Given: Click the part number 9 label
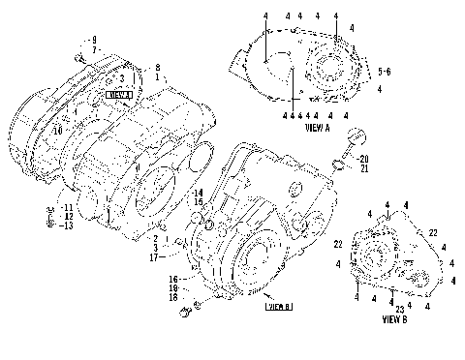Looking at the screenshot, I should pyautogui.click(x=95, y=39).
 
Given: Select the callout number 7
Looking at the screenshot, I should pyautogui.click(x=95, y=48).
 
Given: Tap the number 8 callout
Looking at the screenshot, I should pyautogui.click(x=157, y=66).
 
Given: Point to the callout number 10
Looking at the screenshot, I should pyautogui.click(x=58, y=128).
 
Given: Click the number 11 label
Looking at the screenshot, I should pyautogui.click(x=66, y=207).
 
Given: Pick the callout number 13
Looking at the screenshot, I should pyautogui.click(x=66, y=225).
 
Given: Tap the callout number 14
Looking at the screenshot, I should pyautogui.click(x=198, y=193).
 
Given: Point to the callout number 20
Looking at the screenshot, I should pyautogui.click(x=363, y=158).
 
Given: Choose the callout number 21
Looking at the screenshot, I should pyautogui.click(x=363, y=168).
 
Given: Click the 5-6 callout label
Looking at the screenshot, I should pyautogui.click(x=386, y=72).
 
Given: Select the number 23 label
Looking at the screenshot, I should pyautogui.click(x=399, y=308).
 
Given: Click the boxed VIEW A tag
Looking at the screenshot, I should pyautogui.click(x=118, y=95).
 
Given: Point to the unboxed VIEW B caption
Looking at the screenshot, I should pyautogui.click(x=394, y=317).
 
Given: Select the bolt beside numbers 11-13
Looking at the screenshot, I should pyautogui.click(x=48, y=218).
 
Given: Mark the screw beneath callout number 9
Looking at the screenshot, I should pyautogui.click(x=81, y=57).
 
